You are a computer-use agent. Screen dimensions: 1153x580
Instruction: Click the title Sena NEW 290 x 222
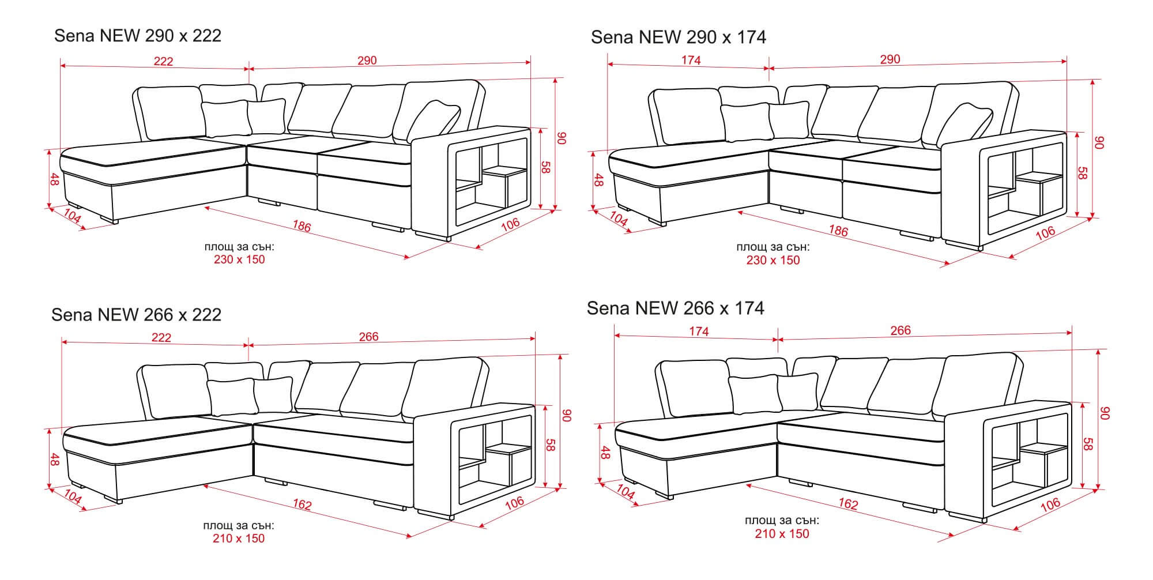(x=138, y=36)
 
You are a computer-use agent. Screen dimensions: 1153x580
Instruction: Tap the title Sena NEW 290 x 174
(x=679, y=37)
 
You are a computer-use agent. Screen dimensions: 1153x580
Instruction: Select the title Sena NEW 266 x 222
(x=137, y=315)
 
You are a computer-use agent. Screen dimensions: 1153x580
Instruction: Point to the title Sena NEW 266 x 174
(x=676, y=308)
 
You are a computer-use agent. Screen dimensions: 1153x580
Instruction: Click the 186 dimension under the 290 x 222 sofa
(x=301, y=227)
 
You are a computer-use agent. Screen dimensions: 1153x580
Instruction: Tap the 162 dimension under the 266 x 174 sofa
(x=848, y=504)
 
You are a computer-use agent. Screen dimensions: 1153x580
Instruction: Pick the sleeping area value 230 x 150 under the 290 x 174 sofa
(x=773, y=260)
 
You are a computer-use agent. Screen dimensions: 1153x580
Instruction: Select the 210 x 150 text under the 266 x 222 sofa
(x=239, y=538)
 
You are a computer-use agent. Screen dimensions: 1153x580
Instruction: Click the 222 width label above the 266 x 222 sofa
(x=161, y=338)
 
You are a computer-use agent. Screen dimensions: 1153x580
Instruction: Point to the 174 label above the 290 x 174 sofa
(x=691, y=61)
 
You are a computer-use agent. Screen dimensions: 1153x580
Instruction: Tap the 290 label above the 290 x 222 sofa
(x=367, y=61)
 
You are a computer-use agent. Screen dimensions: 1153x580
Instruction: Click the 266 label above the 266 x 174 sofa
(x=900, y=330)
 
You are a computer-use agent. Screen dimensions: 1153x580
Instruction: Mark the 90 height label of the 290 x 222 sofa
(x=562, y=138)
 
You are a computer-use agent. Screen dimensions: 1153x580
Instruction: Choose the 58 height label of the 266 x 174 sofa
(x=1088, y=444)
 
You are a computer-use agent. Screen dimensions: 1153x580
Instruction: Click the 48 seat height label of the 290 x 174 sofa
(x=598, y=180)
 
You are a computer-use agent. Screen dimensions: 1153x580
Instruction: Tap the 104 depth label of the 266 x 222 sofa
(x=72, y=496)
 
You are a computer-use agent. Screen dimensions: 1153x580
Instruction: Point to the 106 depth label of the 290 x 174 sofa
(x=1045, y=232)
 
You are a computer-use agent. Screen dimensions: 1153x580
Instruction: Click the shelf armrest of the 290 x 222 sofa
(x=470, y=182)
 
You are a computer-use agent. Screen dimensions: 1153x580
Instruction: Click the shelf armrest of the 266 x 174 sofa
(x=1008, y=458)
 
